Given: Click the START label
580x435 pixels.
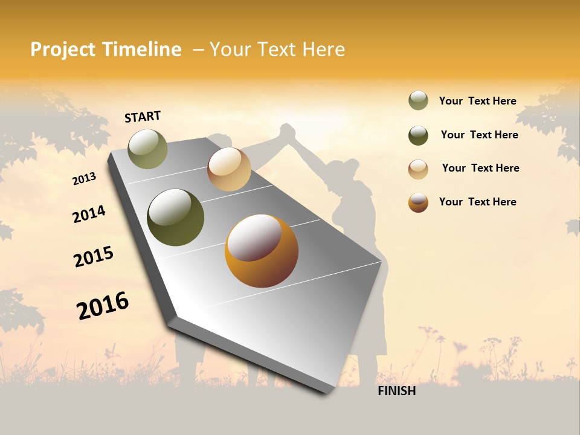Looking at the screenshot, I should [143, 117].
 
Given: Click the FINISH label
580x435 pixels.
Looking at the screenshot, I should [396, 391].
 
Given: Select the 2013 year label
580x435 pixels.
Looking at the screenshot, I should [84, 179].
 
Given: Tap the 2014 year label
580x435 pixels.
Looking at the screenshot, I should [89, 214].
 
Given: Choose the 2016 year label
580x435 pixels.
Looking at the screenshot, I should [103, 306].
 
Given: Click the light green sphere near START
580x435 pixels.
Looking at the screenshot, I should [147, 149].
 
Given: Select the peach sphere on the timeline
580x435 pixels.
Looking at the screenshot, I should [229, 169].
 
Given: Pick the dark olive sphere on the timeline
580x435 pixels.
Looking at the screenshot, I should [175, 217].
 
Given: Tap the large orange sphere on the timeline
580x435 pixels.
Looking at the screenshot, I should [262, 251].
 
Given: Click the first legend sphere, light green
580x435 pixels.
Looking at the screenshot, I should [418, 101].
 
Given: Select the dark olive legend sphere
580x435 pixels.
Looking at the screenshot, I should [418, 135].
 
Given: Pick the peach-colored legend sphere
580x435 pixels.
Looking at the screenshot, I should [418, 169].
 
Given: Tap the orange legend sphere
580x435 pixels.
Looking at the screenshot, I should [418, 202].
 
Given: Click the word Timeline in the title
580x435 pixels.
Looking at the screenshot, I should [142, 50].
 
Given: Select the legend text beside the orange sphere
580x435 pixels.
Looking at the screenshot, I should [477, 202].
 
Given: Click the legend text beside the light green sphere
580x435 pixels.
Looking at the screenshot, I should [477, 101].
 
